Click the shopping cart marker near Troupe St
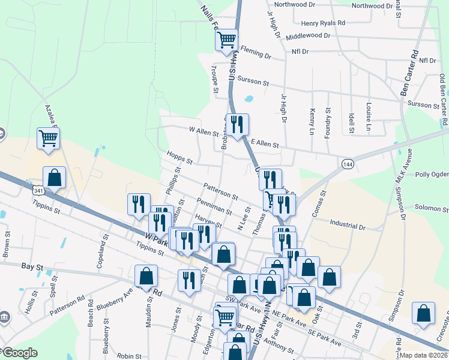click(226, 40)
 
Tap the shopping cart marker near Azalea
click(48, 139)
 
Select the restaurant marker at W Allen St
click(237, 125)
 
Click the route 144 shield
click(347, 163)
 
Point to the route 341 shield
click(38, 190)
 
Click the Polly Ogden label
click(432, 175)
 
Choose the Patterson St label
click(221, 191)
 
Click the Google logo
click(19, 353)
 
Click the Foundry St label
click(328, 123)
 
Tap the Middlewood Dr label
click(308, 36)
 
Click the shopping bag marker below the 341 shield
click(54, 178)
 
